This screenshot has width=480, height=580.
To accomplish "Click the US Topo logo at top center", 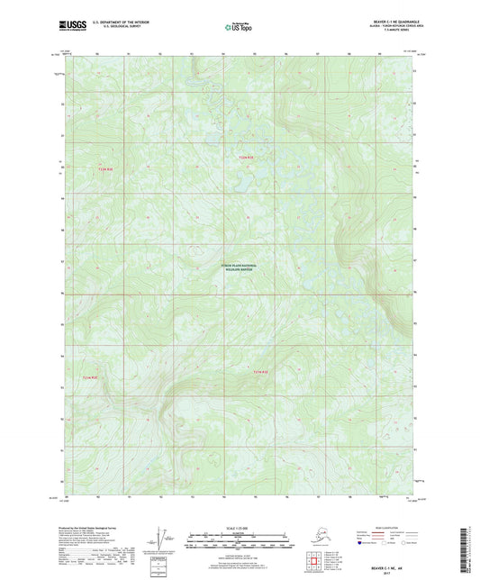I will tap(236, 28).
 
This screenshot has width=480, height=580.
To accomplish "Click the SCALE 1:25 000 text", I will tap(237, 525).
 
